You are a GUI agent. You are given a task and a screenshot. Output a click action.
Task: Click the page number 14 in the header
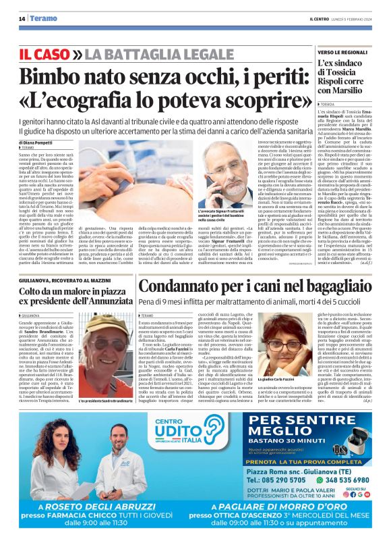coord(22,19)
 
